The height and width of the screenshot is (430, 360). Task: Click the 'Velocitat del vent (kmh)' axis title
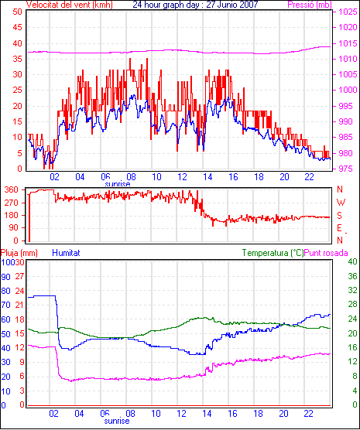pyautogui.click(x=69, y=5)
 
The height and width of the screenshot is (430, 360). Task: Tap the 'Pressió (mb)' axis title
pyautogui.click(x=310, y=5)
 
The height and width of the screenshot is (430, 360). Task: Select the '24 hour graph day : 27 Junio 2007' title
pyautogui.click(x=195, y=5)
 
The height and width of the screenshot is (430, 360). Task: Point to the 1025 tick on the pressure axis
pyautogui.click(x=348, y=12)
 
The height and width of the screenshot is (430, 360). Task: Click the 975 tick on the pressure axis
pyautogui.click(x=346, y=169)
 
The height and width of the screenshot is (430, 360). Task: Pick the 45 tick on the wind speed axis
pyautogui.click(x=17, y=27)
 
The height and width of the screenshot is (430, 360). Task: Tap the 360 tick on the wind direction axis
pyautogui.click(x=12, y=189)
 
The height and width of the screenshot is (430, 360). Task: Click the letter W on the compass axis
pyautogui.click(x=341, y=203)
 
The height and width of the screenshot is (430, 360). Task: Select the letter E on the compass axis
pyautogui.click(x=339, y=228)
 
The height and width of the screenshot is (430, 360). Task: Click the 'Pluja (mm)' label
pyautogui.click(x=19, y=253)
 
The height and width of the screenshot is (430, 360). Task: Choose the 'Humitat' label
pyautogui.click(x=66, y=253)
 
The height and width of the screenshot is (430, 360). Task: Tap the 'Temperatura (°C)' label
pyautogui.click(x=273, y=253)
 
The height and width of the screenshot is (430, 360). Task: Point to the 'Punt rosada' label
pyautogui.click(x=326, y=253)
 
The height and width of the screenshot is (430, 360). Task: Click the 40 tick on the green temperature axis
pyautogui.click(x=352, y=262)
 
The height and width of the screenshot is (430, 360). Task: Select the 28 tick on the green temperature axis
pyautogui.click(x=352, y=304)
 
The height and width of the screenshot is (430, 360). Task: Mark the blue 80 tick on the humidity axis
pyautogui.click(x=5, y=291)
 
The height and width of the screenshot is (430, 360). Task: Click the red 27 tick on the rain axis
pyautogui.click(x=19, y=276)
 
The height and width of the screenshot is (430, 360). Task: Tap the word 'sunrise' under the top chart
pyautogui.click(x=118, y=184)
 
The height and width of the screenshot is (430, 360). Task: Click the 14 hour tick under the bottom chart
pyautogui.click(x=207, y=413)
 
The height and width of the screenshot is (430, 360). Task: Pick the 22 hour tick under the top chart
pyautogui.click(x=310, y=177)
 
